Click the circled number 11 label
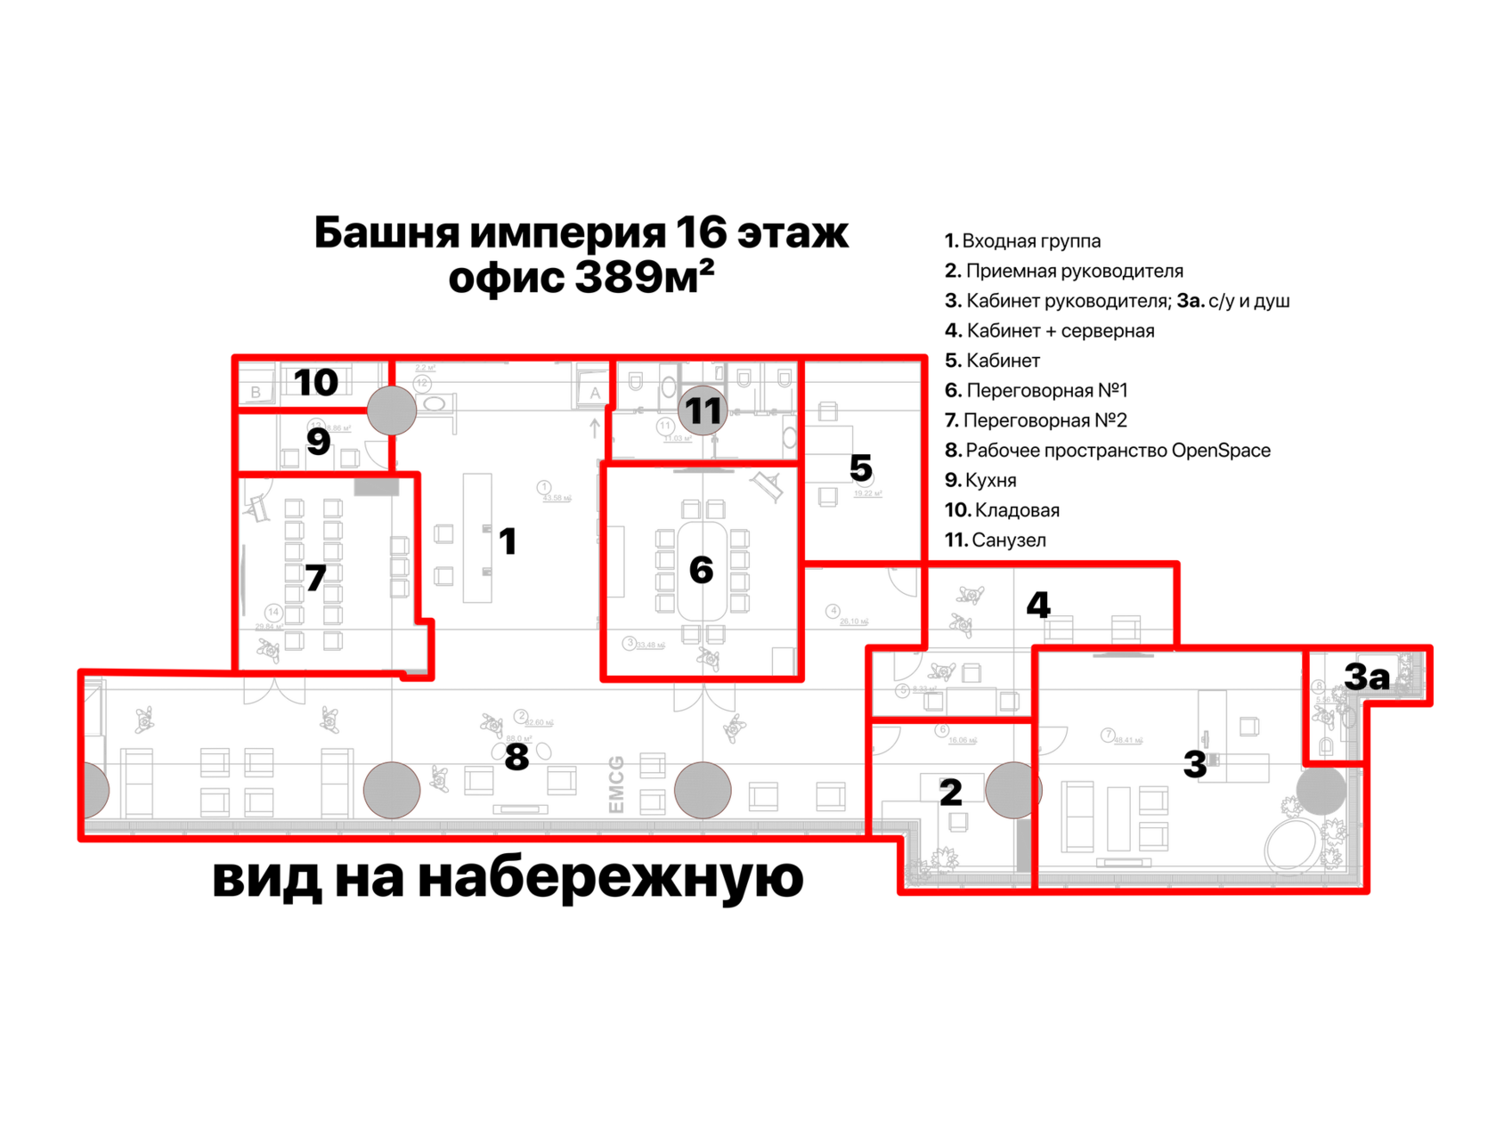[x=703, y=411]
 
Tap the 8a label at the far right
[x=1365, y=677]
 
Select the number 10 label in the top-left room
[x=319, y=384]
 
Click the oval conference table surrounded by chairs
[x=703, y=571]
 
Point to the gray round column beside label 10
[x=392, y=411]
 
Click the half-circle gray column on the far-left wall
[x=96, y=789]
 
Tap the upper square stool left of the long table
[x=443, y=534]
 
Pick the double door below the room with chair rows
[x=274, y=692]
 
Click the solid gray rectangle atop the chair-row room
[x=377, y=488]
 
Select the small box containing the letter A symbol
[x=591, y=393]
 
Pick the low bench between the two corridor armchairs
[x=521, y=809]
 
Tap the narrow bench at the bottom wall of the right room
[x=1125, y=861]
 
